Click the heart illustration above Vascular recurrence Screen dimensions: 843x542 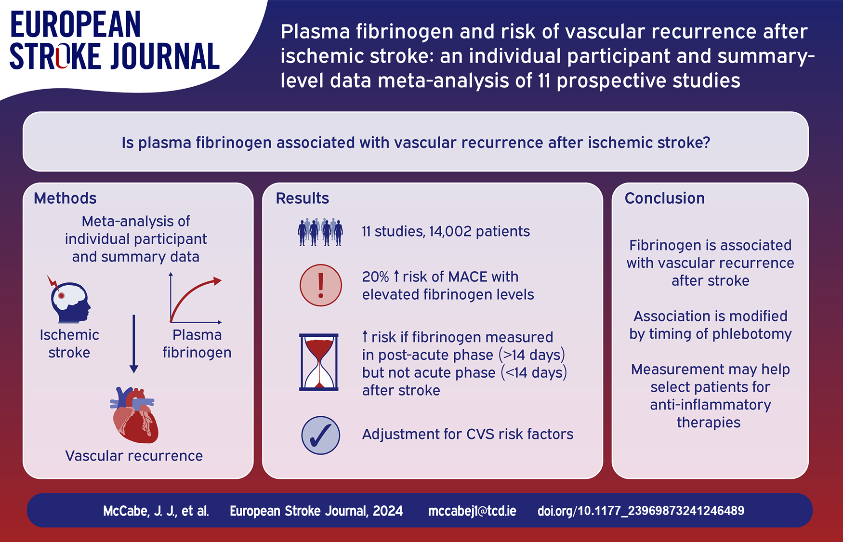tap(134, 415)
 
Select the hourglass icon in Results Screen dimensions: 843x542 tap(319, 362)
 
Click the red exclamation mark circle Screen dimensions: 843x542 tap(321, 285)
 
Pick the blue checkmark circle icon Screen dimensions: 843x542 tap(321, 436)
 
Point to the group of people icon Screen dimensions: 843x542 tap(320, 232)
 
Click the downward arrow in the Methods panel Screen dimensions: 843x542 tap(134, 344)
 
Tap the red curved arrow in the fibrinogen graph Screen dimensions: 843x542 tap(195, 296)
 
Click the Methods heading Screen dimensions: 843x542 tap(65, 198)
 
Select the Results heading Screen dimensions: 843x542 tap(303, 198)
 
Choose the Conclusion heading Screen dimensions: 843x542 tap(665, 198)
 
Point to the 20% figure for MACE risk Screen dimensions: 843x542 tap(376, 277)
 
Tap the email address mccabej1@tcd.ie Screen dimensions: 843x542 tap(472, 511)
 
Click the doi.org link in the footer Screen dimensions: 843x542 tap(641, 511)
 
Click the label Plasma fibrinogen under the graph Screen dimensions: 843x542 tap(197, 344)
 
